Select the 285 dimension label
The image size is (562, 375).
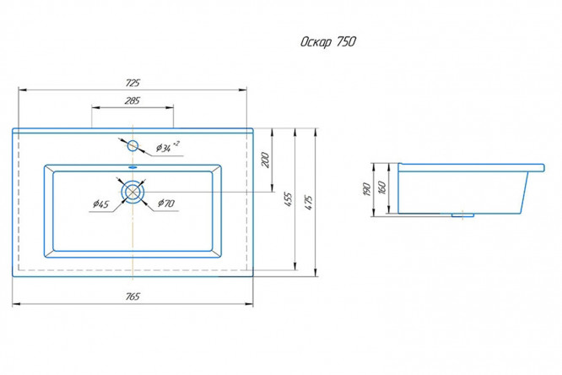[132, 101]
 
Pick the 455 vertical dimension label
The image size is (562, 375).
[288, 200]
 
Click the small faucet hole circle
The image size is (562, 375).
[133, 143]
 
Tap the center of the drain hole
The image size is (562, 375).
[133, 192]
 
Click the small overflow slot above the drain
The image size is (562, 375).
[133, 168]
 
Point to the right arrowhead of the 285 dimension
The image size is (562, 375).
[172, 106]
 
